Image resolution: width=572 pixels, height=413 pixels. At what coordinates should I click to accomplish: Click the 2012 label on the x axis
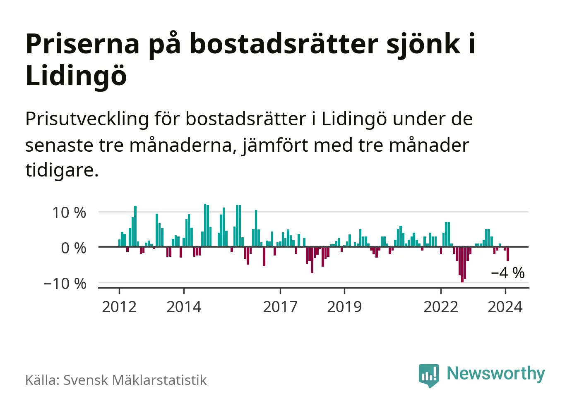pyautogui.click(x=119, y=307)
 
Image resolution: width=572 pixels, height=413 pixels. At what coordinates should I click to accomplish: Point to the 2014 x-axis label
pyautogui.click(x=184, y=307)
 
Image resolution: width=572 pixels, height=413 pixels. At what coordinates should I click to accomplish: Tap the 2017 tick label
pyautogui.click(x=280, y=307)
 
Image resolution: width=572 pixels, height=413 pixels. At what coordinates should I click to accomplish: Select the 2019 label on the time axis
pyautogui.click(x=344, y=307)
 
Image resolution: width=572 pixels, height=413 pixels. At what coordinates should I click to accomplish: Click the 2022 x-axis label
pyautogui.click(x=441, y=307)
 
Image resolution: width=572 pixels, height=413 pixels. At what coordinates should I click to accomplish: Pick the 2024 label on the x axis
pyautogui.click(x=505, y=307)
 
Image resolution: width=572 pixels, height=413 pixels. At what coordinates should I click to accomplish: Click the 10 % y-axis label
pyautogui.click(x=69, y=212)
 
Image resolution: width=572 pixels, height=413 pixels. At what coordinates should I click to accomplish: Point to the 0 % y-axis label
pyautogui.click(x=74, y=248)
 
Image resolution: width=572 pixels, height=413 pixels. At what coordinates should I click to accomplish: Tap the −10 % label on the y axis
pyautogui.click(x=65, y=284)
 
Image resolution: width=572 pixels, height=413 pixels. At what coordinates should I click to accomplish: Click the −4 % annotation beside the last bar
pyautogui.click(x=507, y=273)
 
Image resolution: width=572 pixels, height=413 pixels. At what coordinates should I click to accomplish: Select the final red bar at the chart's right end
pyautogui.click(x=508, y=254)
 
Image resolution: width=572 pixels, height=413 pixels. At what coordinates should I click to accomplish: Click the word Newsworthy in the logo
pyautogui.click(x=495, y=374)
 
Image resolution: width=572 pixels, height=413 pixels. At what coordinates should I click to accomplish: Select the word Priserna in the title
pyautogui.click(x=83, y=44)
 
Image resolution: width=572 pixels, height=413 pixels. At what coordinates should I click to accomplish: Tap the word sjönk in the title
pyautogui.click(x=423, y=44)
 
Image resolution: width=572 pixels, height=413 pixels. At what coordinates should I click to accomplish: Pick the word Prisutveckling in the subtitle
pyautogui.click(x=87, y=119)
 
